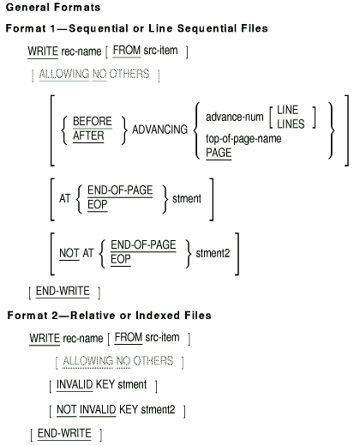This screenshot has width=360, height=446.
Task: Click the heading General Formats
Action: click(x=53, y=7)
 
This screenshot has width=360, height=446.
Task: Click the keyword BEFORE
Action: click(x=93, y=121)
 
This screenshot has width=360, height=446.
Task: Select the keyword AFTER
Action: click(x=88, y=136)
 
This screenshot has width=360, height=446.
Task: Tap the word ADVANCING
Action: click(x=159, y=130)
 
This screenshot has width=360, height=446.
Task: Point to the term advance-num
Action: click(x=235, y=117)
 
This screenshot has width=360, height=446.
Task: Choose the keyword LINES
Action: click(x=291, y=124)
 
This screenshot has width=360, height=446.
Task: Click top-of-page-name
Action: click(x=243, y=139)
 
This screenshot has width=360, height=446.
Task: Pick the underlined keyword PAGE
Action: click(x=219, y=153)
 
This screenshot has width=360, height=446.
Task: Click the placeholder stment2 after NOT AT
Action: click(x=213, y=253)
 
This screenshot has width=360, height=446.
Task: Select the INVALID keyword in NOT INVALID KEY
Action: click(x=98, y=409)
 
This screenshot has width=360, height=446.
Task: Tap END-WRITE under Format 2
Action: click(x=64, y=433)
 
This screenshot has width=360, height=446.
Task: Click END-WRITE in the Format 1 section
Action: click(x=63, y=291)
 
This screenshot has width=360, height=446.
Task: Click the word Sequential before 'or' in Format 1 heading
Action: click(x=99, y=28)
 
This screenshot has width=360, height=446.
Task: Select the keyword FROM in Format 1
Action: click(x=127, y=51)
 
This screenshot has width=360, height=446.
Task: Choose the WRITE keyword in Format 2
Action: click(x=45, y=338)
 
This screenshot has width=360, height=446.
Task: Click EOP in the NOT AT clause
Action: click(x=121, y=259)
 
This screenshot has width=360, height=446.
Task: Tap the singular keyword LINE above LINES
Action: click(x=287, y=110)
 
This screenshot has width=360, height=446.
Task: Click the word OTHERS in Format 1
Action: click(x=129, y=74)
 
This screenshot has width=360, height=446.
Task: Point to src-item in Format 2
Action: click(x=162, y=337)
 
